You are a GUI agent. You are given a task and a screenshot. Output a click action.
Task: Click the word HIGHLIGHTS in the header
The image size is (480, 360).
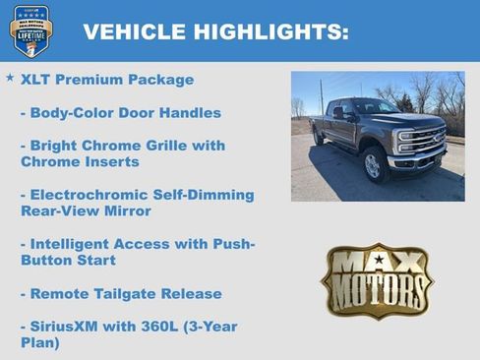(x=260, y=31)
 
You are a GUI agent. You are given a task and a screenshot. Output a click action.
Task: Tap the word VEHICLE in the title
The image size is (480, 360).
(x=125, y=31)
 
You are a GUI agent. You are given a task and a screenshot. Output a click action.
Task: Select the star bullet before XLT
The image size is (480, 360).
(x=10, y=78)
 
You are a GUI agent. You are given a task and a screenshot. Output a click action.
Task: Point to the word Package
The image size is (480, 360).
(x=159, y=80)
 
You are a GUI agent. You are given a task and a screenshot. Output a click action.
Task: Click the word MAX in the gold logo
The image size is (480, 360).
(x=377, y=262)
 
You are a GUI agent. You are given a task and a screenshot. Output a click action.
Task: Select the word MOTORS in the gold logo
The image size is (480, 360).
(x=377, y=289)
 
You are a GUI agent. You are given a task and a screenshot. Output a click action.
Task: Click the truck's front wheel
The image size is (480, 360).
(x=373, y=164)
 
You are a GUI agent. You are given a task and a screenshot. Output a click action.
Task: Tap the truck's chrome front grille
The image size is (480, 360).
(x=422, y=140)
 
